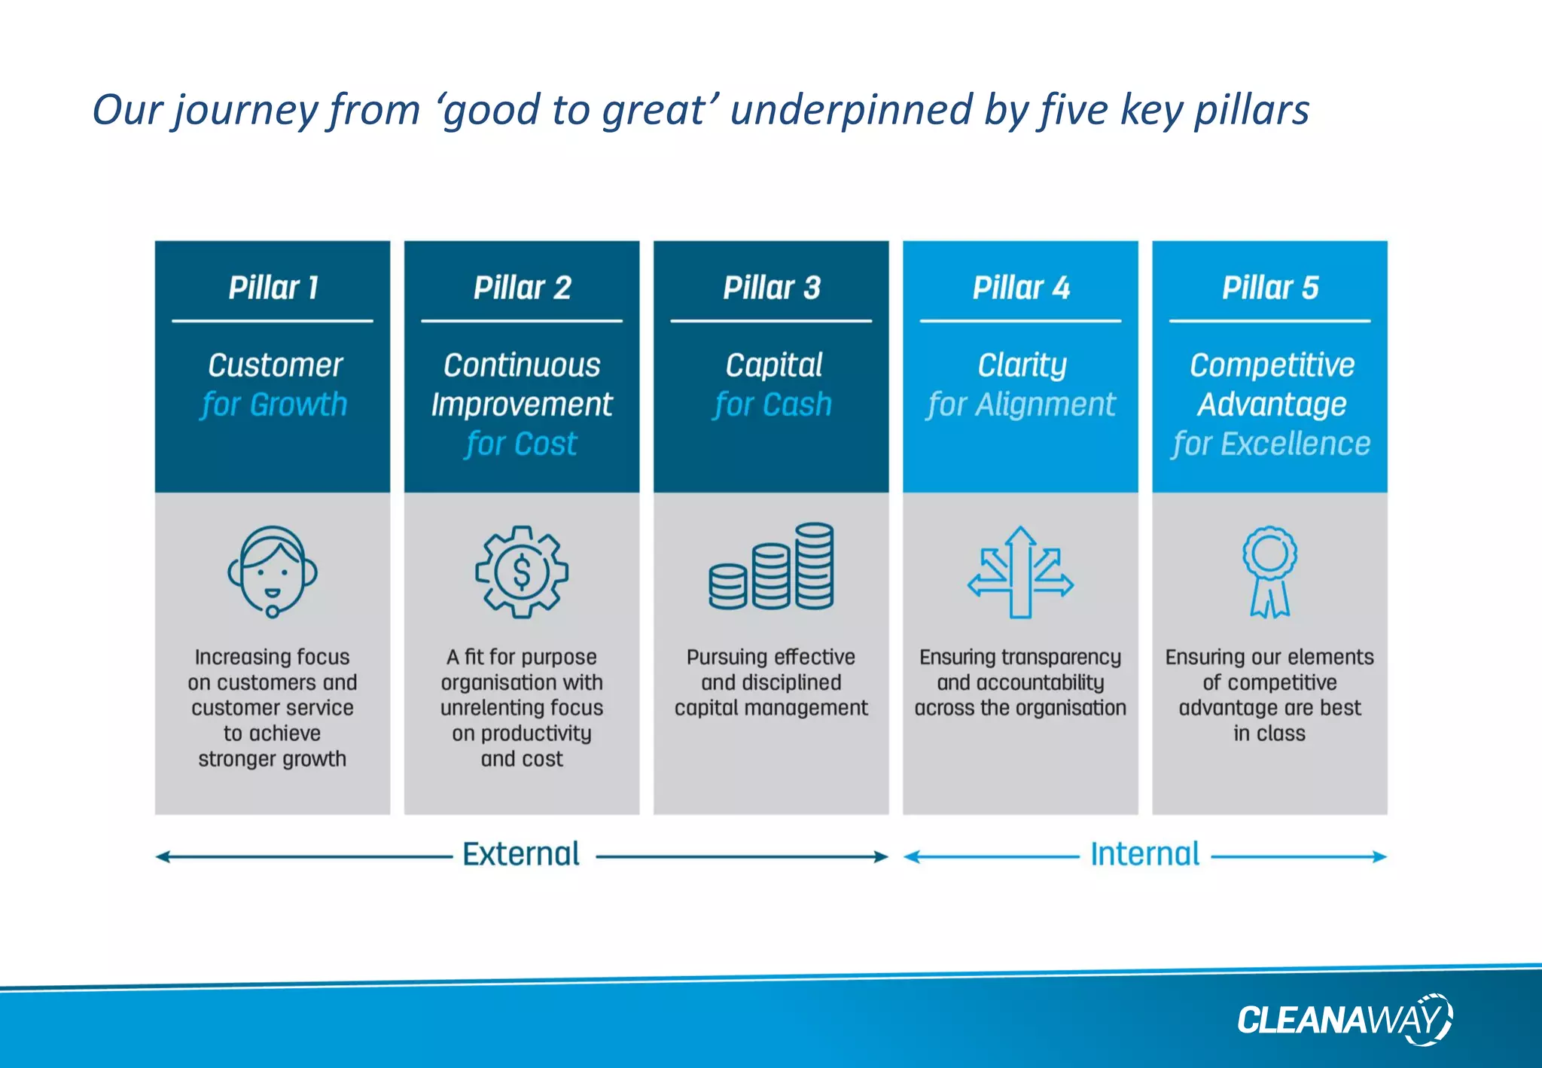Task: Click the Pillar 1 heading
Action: pyautogui.click(x=273, y=288)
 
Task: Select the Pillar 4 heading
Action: pyautogui.click(x=1020, y=288)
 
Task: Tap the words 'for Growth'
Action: pyautogui.click(x=273, y=405)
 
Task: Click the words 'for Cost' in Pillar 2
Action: pyautogui.click(x=521, y=444)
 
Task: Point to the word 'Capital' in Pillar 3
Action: pyautogui.click(x=773, y=365)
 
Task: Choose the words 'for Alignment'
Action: pyautogui.click(x=1020, y=405)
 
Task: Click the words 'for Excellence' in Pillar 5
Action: pyautogui.click(x=1270, y=444)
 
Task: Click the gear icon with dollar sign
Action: pyautogui.click(x=521, y=572)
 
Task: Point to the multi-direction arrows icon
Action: pyautogui.click(x=1020, y=572)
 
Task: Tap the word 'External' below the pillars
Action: pyautogui.click(x=521, y=855)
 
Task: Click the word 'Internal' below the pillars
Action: pyautogui.click(x=1144, y=855)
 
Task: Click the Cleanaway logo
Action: pyautogui.click(x=1344, y=1020)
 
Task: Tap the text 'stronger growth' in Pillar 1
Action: pyautogui.click(x=272, y=759)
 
